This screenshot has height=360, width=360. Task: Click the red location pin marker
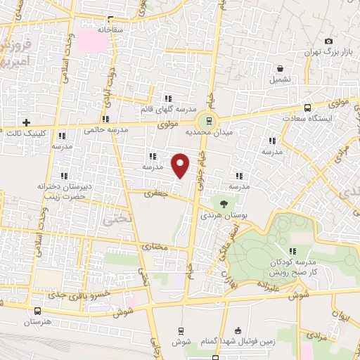coord(181,165)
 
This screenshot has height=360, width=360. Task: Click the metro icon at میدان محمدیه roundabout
coord(207,120)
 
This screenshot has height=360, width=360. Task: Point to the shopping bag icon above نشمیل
coord(281,69)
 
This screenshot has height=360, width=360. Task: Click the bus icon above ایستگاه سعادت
coord(307,108)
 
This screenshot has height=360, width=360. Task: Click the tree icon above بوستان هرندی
coord(224,203)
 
